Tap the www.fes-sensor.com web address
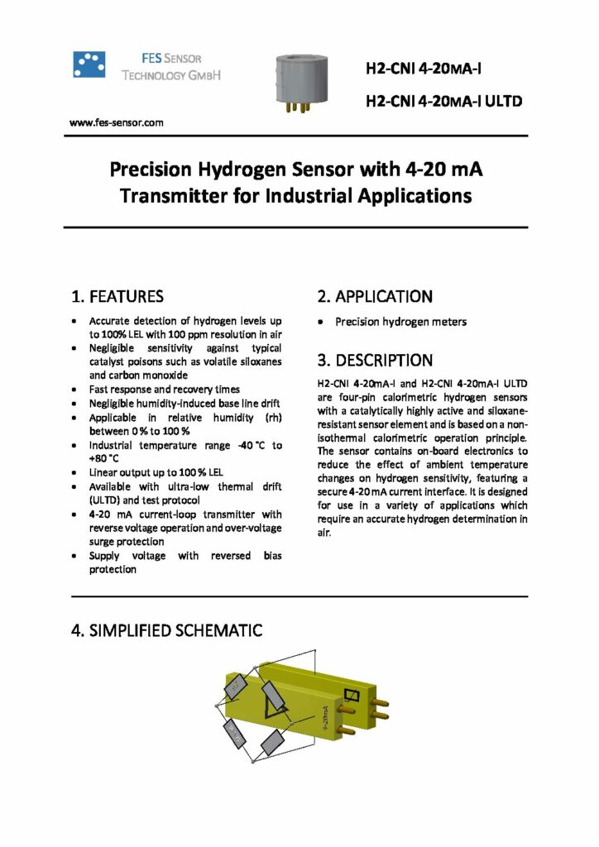pyautogui.click(x=116, y=122)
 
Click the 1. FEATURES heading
pyautogui.click(x=117, y=296)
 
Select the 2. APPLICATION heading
pyautogui.click(x=375, y=296)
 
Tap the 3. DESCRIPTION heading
pyautogui.click(x=375, y=361)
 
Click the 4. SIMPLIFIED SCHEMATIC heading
pyautogui.click(x=167, y=630)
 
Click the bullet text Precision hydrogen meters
pyautogui.click(x=400, y=322)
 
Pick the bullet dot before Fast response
pyautogui.click(x=76, y=389)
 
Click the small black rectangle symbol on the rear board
pyautogui.click(x=351, y=696)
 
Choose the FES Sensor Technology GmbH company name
pyautogui.click(x=171, y=67)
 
